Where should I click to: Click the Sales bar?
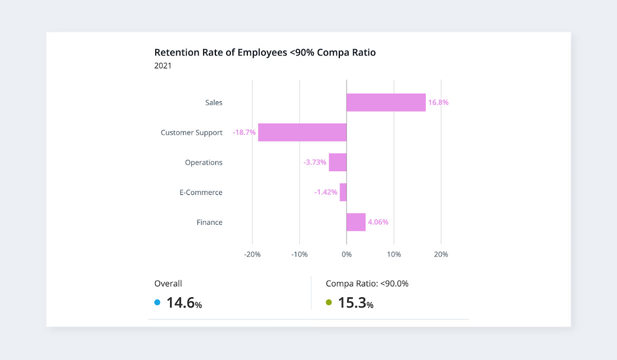(x=386, y=102)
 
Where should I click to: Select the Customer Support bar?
(x=302, y=132)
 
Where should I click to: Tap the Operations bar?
(x=338, y=163)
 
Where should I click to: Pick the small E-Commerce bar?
(x=343, y=192)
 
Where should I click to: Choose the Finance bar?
(x=356, y=222)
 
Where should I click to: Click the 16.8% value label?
(x=438, y=102)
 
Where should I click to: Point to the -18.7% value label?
(x=244, y=132)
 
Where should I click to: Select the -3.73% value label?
(x=315, y=163)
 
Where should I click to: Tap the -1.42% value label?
(x=326, y=192)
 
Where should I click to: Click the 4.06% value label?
(x=378, y=222)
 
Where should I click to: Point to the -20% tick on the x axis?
(x=252, y=254)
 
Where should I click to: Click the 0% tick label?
(x=347, y=254)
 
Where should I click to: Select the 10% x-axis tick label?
(x=394, y=254)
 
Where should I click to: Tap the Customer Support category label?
(x=191, y=132)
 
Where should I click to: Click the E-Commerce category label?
(x=201, y=192)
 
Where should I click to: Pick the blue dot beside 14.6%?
(x=157, y=302)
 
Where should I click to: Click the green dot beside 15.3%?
(x=329, y=302)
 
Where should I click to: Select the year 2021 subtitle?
(x=163, y=66)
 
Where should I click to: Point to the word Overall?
(x=168, y=283)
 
